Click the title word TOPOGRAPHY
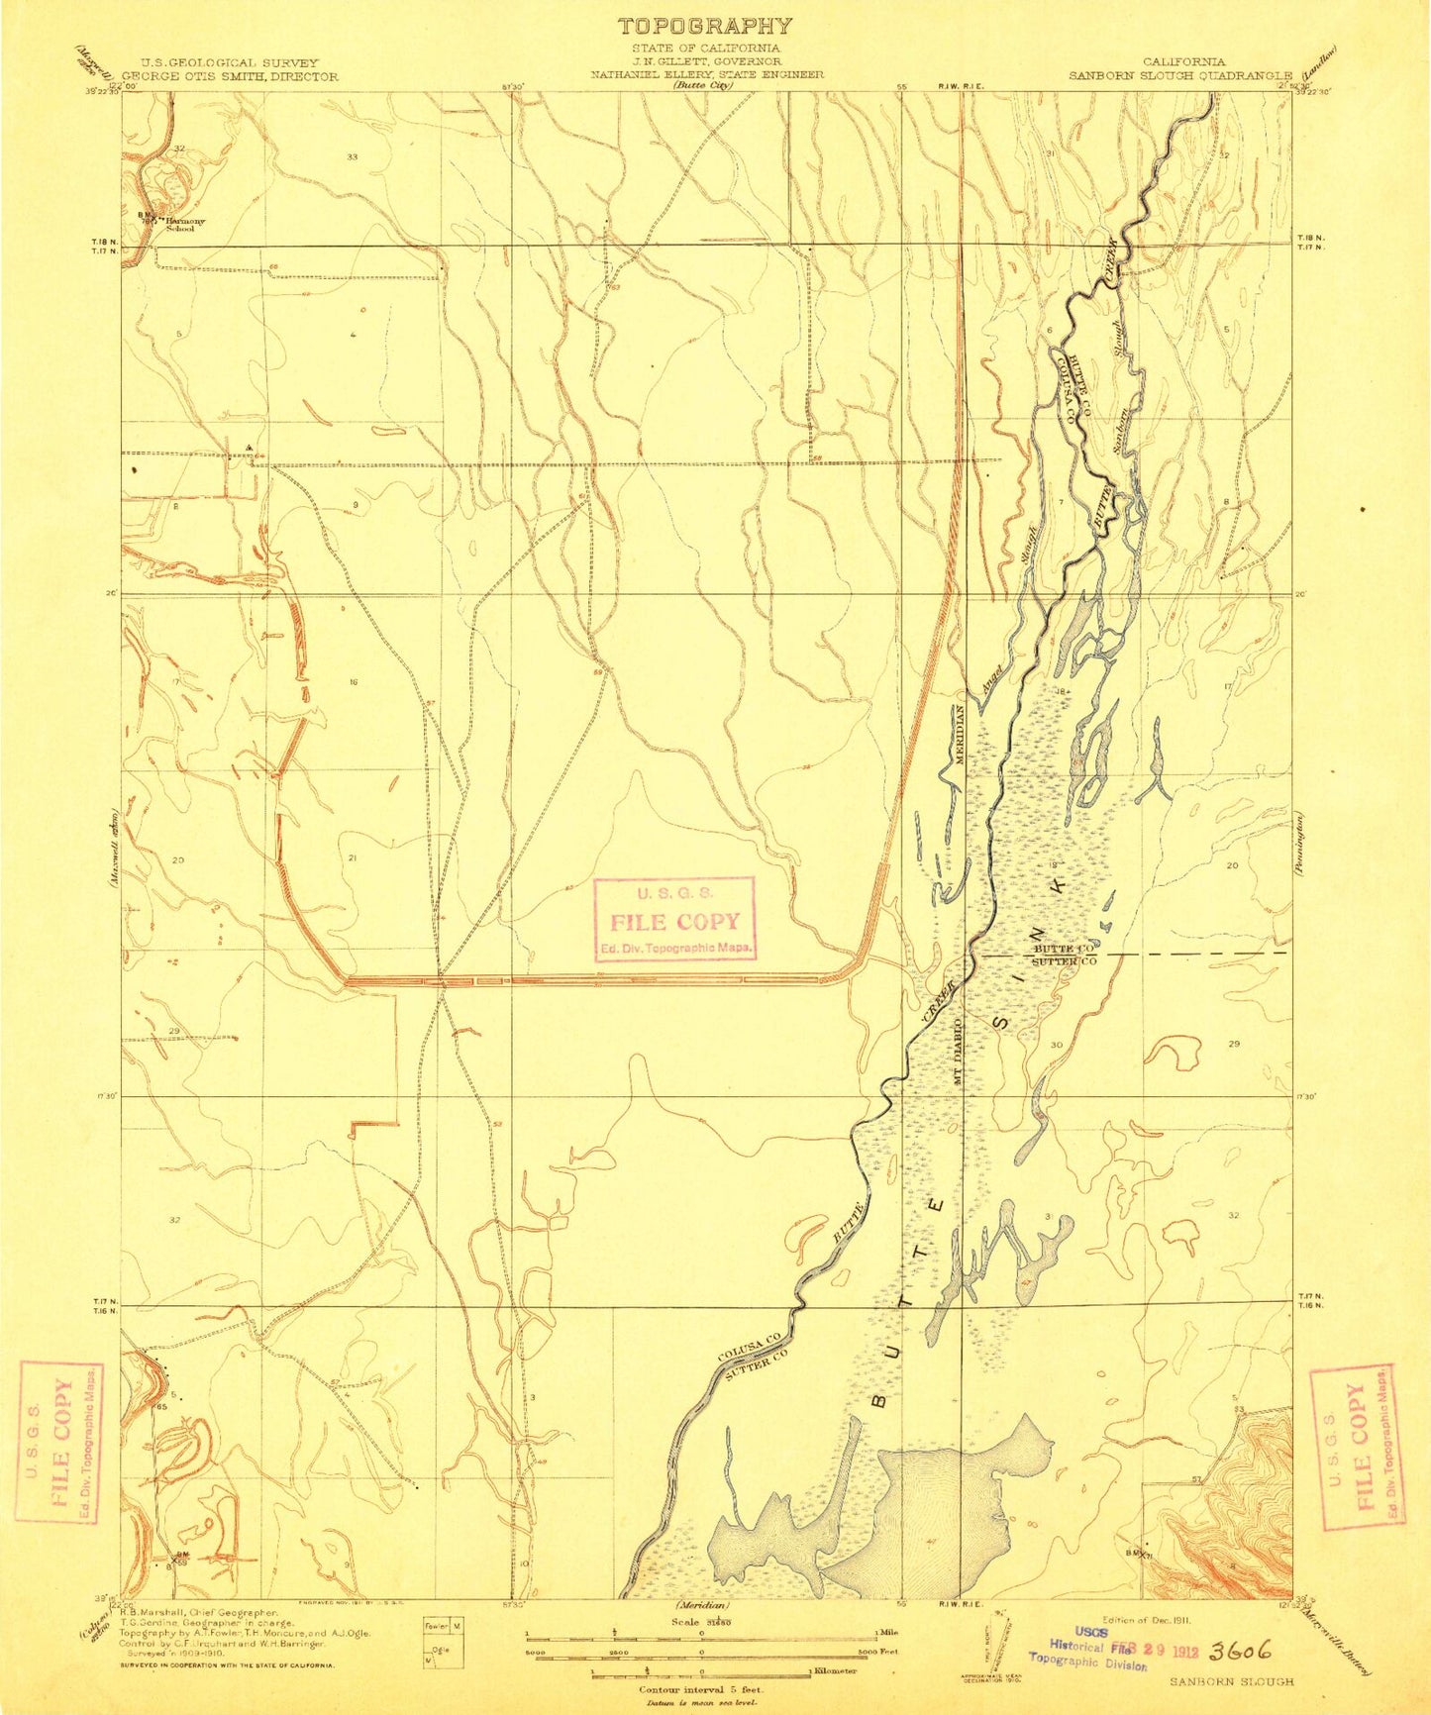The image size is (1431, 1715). point(704,27)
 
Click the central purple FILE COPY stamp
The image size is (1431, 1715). point(675,921)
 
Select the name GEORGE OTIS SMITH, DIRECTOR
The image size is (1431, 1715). point(230,75)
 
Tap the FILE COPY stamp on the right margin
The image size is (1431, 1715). point(1357,1445)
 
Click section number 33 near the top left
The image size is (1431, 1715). point(352,157)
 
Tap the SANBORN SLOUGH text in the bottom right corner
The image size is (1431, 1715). point(1232,1680)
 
